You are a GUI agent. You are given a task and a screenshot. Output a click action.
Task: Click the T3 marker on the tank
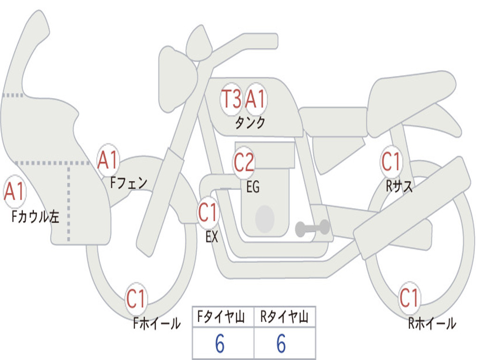[231, 99]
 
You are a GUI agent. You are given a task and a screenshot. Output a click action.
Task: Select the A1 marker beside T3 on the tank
[256, 99]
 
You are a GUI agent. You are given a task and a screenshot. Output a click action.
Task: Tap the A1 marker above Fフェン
[108, 160]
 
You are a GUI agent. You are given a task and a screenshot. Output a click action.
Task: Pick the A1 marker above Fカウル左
[14, 192]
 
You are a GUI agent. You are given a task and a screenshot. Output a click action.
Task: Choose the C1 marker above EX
[208, 213]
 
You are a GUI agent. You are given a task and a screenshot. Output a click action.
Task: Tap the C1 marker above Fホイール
[136, 299]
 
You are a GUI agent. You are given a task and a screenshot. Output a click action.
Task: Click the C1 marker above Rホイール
[409, 298]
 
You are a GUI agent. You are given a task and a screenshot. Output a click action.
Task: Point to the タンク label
[250, 123]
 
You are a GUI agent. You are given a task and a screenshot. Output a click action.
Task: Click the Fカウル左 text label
[36, 217]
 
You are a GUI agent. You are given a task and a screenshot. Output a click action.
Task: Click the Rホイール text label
[432, 323]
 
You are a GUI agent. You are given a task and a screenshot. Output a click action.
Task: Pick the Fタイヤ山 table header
[223, 318]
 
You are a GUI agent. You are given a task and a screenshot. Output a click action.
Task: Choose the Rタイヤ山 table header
[285, 318]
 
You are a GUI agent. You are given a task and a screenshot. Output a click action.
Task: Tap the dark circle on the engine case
[265, 219]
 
